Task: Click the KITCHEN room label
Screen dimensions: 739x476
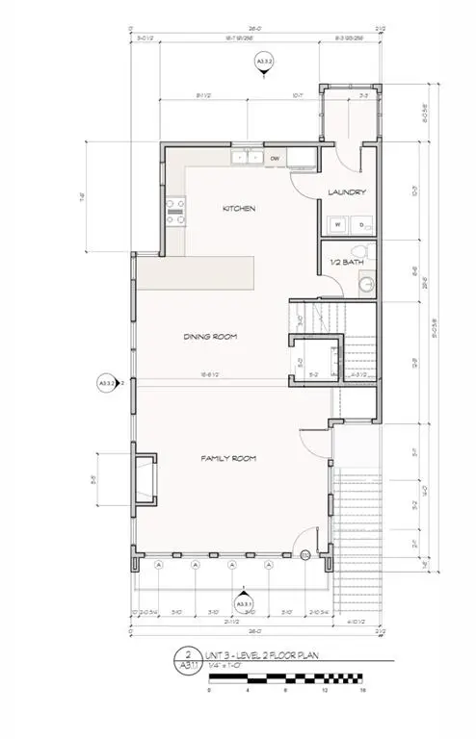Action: (239, 209)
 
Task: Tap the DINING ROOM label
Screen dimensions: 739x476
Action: (211, 337)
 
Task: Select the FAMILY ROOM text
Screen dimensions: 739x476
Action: (228, 459)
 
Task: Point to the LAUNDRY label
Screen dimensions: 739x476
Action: (348, 192)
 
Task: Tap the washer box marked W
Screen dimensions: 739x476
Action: (337, 224)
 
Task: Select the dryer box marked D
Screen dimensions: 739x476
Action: (361, 224)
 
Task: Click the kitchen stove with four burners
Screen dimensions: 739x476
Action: (175, 211)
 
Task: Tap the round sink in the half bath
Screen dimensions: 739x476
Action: (365, 285)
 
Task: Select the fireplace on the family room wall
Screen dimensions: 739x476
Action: (144, 478)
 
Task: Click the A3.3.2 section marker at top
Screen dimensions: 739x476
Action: (262, 64)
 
